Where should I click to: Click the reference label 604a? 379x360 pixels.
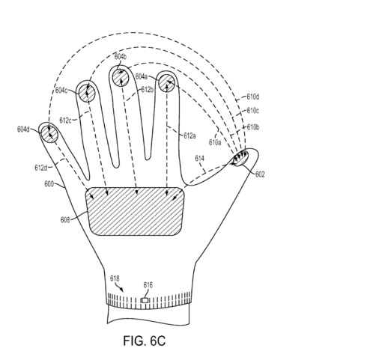(x=142, y=76)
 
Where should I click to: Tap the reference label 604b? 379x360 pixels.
(x=121, y=57)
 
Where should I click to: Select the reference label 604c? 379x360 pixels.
(x=61, y=90)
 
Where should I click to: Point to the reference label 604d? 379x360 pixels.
(x=23, y=129)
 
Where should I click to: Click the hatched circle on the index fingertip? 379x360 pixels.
(x=167, y=83)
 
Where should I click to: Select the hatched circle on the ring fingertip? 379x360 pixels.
(x=87, y=93)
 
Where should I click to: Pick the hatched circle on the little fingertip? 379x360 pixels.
(x=49, y=134)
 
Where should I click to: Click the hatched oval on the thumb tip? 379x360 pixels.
(x=240, y=158)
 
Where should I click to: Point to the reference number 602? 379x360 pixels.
(x=260, y=174)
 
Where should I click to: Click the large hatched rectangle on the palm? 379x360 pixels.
(x=135, y=211)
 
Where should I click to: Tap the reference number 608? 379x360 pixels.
(x=65, y=220)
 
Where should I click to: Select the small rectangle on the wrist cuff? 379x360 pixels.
(x=145, y=301)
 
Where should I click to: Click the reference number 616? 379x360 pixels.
(x=148, y=285)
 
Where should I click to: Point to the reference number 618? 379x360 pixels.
(x=115, y=278)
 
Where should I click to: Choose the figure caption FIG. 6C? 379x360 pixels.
(x=145, y=341)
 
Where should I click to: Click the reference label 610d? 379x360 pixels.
(x=253, y=97)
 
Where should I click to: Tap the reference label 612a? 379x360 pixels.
(x=189, y=135)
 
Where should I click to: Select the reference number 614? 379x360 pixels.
(x=199, y=159)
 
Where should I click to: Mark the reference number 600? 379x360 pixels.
(x=49, y=184)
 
